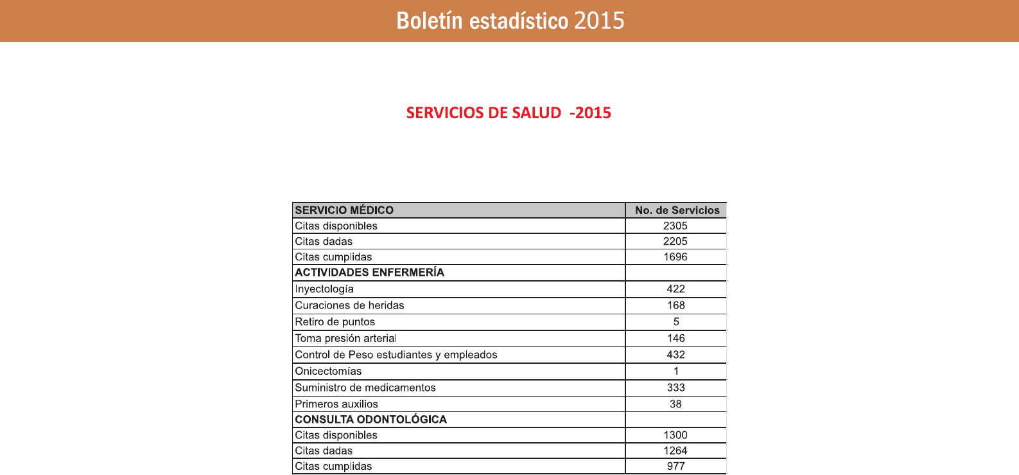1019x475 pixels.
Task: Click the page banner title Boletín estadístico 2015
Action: (x=510, y=21)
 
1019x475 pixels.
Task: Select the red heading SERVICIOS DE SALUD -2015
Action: (x=509, y=113)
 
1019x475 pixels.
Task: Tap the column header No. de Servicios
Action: (x=677, y=210)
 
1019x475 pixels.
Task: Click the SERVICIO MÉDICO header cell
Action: (x=344, y=210)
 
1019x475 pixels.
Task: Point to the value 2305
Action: (x=675, y=226)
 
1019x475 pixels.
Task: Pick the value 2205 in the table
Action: (x=675, y=241)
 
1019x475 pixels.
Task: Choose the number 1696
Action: (x=675, y=256)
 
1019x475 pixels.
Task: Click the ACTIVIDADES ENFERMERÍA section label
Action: (x=369, y=273)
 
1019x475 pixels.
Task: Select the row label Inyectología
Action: (x=324, y=289)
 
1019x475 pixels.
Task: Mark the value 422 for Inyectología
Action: (x=676, y=289)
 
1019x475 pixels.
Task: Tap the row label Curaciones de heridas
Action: (x=349, y=305)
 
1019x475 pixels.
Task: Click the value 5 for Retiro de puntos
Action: (x=676, y=322)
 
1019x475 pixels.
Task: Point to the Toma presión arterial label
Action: (x=345, y=338)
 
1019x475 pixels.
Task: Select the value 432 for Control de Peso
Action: (x=676, y=355)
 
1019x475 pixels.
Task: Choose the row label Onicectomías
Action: (x=328, y=371)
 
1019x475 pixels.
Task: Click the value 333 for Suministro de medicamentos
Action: (x=676, y=388)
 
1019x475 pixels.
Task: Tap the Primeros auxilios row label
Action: (x=336, y=404)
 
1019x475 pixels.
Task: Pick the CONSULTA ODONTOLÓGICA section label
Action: (x=370, y=420)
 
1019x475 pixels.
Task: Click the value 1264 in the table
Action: (x=675, y=451)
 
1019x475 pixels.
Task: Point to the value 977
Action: (x=676, y=466)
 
